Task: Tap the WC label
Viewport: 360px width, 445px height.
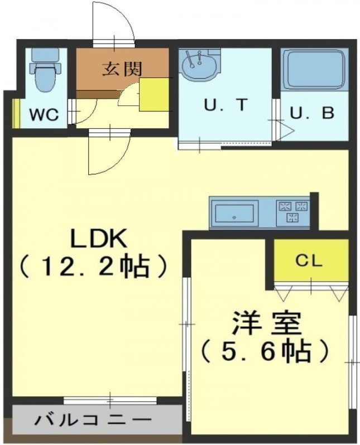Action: (44, 115)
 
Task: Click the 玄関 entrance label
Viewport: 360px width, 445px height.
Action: (122, 69)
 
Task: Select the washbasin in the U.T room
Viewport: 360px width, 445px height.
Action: (198, 65)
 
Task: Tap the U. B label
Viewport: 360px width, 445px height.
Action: (311, 113)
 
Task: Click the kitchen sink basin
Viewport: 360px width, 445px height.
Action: (234, 213)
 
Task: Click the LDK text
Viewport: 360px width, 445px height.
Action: (98, 239)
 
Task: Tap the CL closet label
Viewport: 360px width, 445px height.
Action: (309, 260)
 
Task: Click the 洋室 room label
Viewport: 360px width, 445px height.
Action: (266, 323)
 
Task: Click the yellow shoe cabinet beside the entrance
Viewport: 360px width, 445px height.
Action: (153, 95)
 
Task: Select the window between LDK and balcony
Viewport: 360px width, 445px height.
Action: (111, 400)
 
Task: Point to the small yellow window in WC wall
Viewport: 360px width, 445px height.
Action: (16, 114)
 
